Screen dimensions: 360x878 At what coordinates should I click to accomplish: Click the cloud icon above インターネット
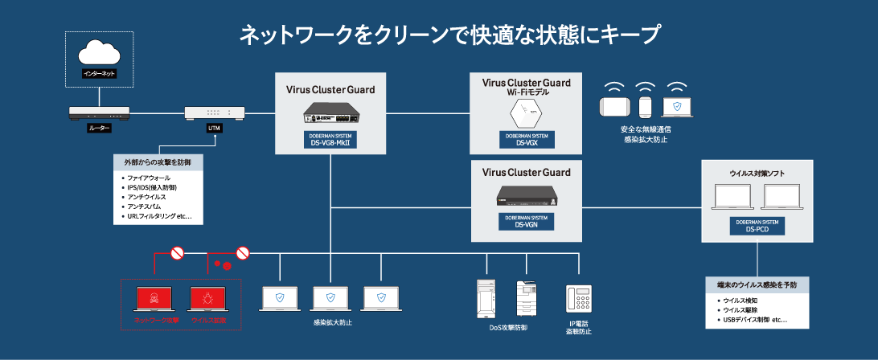[99, 54]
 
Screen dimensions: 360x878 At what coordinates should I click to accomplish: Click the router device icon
[99, 112]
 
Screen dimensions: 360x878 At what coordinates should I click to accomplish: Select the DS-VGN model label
[527, 222]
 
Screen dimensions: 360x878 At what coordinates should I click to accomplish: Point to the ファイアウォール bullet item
[150, 177]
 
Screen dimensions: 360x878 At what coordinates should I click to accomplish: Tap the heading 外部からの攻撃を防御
[158, 162]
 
